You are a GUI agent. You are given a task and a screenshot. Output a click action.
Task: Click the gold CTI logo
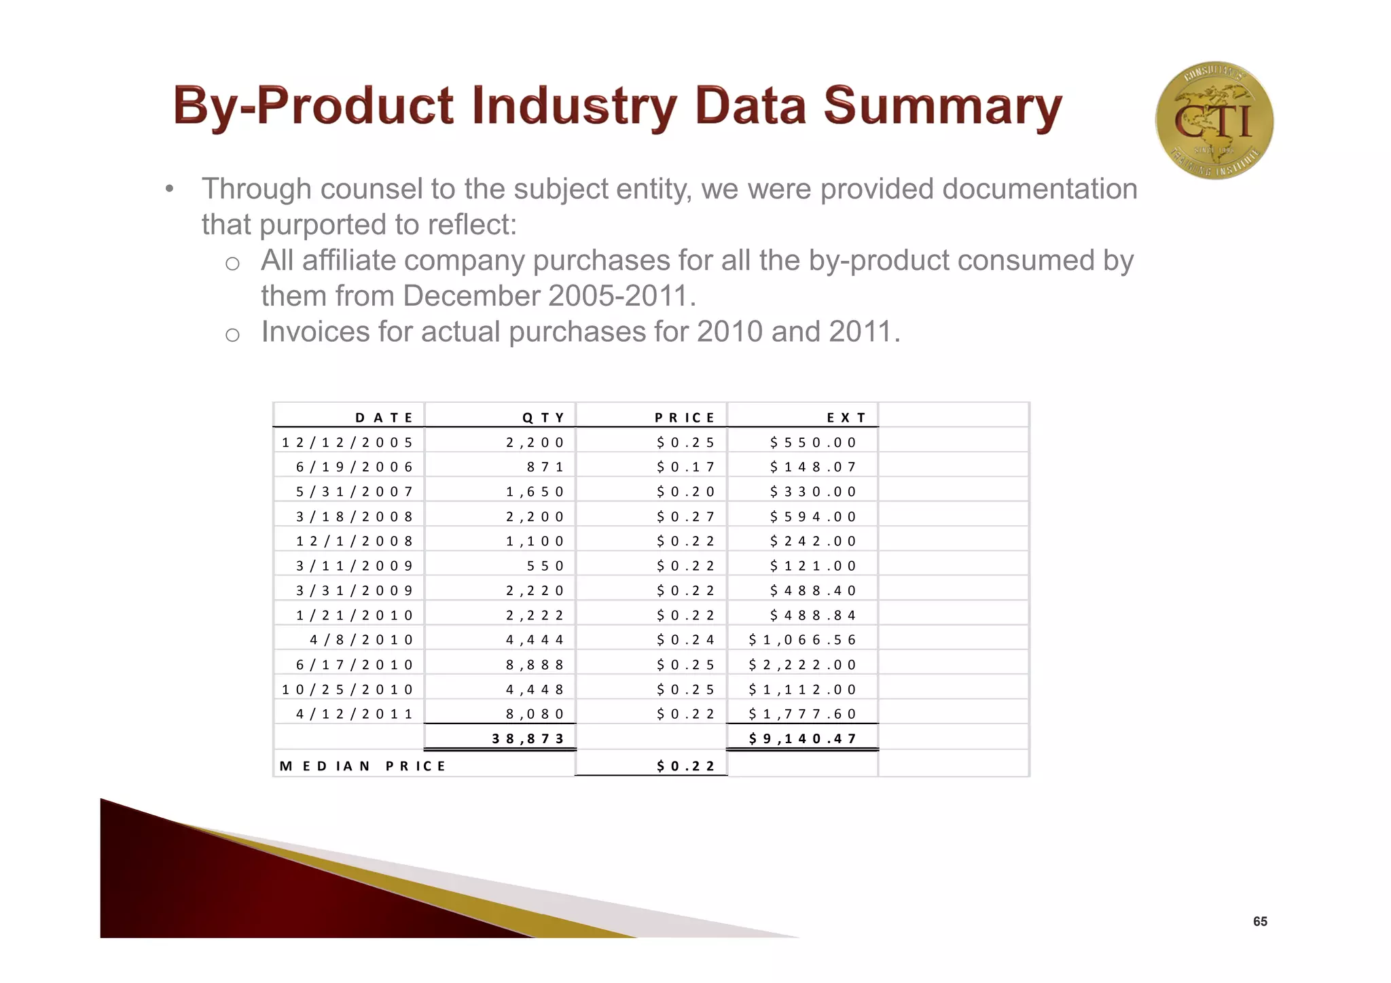point(1214,120)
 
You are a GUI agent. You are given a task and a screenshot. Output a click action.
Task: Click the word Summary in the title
point(942,107)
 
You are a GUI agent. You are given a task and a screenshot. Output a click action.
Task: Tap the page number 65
point(1260,921)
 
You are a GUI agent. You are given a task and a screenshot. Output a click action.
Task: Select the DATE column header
point(384,417)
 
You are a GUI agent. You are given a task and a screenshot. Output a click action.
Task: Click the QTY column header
point(543,417)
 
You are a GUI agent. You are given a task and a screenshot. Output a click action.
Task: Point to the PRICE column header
point(685,417)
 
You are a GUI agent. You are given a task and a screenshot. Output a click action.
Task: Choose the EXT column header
point(846,417)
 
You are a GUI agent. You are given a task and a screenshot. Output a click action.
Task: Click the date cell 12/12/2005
point(347,442)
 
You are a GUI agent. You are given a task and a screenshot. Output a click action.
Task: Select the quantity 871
point(545,467)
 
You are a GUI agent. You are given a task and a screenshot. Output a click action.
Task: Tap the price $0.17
point(685,467)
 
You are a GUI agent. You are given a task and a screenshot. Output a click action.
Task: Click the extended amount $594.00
point(813,516)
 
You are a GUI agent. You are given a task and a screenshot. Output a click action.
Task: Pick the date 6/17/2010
point(355,664)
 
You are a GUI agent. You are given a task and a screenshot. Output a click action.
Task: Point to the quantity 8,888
point(535,664)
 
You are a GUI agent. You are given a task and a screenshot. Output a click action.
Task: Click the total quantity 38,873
point(528,738)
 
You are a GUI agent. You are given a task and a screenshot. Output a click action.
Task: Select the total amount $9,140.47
point(802,738)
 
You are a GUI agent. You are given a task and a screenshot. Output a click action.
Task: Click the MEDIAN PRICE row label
point(362,766)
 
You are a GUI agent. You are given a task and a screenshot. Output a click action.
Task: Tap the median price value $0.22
point(685,766)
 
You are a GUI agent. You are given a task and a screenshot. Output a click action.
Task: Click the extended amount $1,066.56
point(802,640)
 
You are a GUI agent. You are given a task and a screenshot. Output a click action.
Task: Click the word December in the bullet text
point(471,296)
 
